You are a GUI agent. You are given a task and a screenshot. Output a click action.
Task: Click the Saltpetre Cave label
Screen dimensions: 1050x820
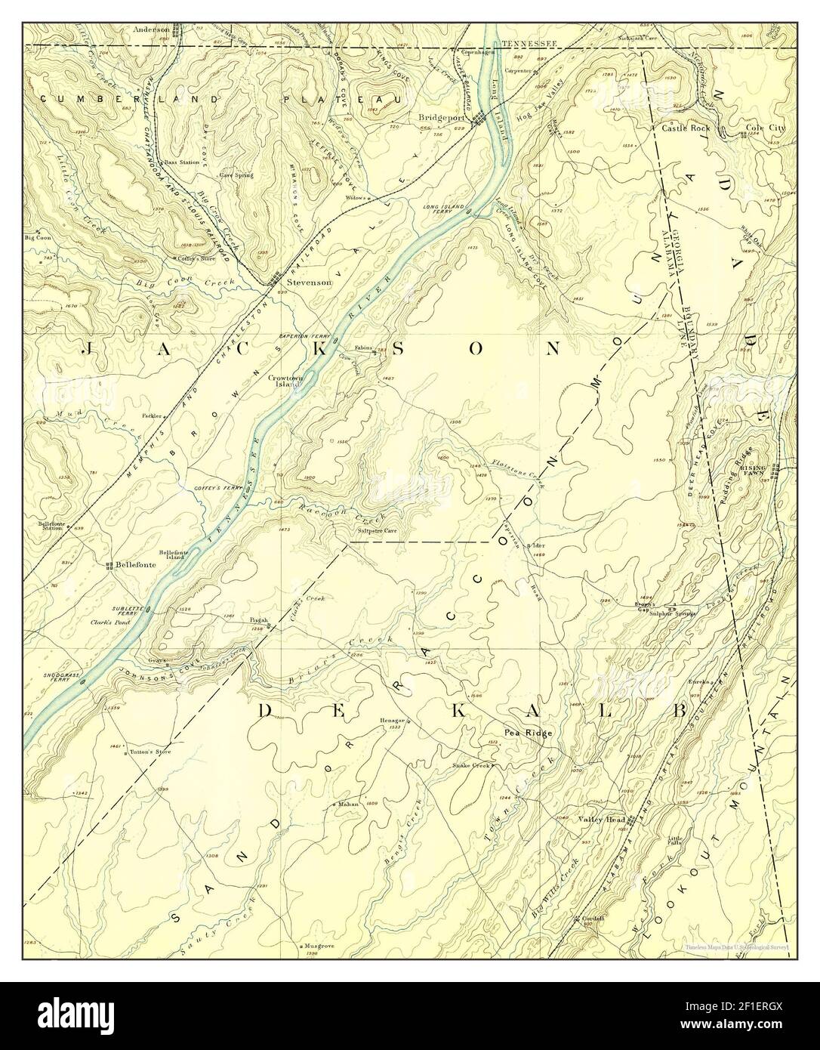pos(381,531)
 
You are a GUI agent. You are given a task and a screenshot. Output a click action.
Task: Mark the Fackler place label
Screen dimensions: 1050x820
pos(153,416)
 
